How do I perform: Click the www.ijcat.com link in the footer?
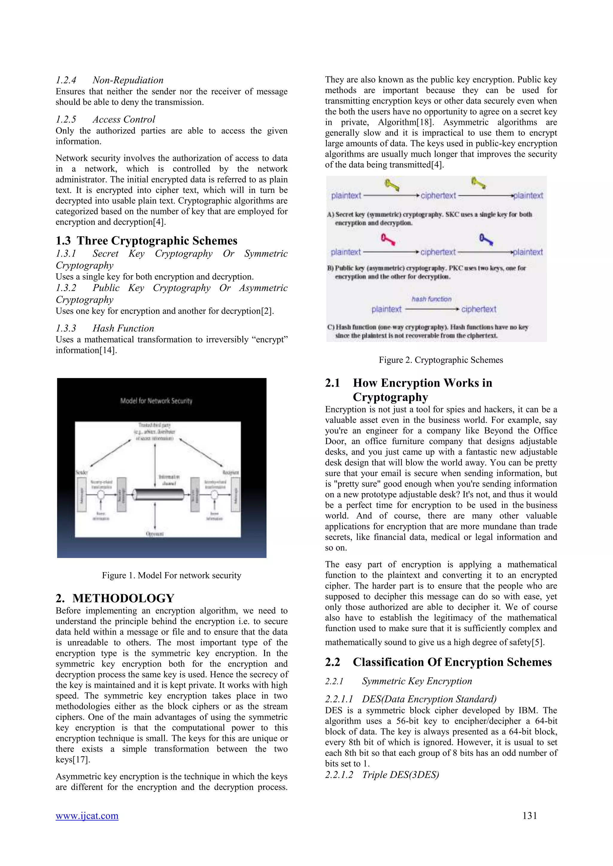pyautogui.click(x=87, y=816)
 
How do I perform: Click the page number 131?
pyautogui.click(x=529, y=815)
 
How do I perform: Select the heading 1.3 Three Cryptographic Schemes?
pyautogui.click(x=146, y=241)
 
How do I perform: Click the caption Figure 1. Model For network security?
pyautogui.click(x=172, y=575)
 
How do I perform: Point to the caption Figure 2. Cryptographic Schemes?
pyautogui.click(x=441, y=360)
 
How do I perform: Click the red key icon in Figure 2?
pyautogui.click(x=388, y=239)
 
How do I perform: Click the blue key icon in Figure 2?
pyautogui.click(x=486, y=239)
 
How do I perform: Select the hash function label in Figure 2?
pyautogui.click(x=431, y=299)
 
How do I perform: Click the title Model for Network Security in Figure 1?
pyautogui.click(x=156, y=401)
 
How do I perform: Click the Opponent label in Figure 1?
pyautogui.click(x=155, y=534)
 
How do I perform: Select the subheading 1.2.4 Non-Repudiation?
pyautogui.click(x=110, y=80)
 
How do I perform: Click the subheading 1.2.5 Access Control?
pyautogui.click(x=105, y=119)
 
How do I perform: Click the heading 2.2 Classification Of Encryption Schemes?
pyautogui.click(x=438, y=662)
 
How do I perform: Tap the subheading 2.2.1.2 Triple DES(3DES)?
pyautogui.click(x=382, y=775)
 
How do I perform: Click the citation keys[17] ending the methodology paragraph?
pyautogui.click(x=73, y=760)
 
